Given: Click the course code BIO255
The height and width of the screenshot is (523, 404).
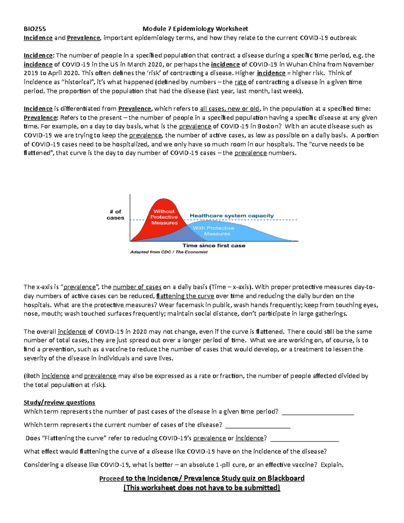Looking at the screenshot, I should tap(35, 29).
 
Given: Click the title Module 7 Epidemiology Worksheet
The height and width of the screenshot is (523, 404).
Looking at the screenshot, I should tap(195, 29).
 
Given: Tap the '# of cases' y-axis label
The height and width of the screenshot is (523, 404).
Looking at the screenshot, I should tap(115, 215).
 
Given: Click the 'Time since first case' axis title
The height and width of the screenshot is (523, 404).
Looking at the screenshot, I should tap(214, 246).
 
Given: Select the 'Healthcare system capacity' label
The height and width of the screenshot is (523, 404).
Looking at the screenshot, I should tap(232, 216).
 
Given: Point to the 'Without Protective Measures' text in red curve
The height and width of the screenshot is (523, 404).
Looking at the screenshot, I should tap(164, 217).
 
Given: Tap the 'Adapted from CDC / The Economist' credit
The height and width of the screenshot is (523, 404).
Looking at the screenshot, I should tap(169, 252).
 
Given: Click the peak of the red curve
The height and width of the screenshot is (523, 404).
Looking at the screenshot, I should tap(162, 199).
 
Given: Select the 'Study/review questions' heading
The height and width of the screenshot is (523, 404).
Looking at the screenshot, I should tap(59, 402).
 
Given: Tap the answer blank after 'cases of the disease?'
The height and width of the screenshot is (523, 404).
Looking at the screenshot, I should tap(258, 425).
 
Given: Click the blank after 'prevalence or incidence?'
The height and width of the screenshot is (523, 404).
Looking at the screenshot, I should tap(304, 438).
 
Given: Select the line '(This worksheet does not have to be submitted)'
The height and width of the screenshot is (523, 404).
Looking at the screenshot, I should tap(202, 488).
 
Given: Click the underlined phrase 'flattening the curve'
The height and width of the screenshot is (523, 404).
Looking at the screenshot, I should tap(186, 296).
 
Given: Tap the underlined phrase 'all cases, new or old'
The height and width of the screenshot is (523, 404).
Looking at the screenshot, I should tap(230, 109).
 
